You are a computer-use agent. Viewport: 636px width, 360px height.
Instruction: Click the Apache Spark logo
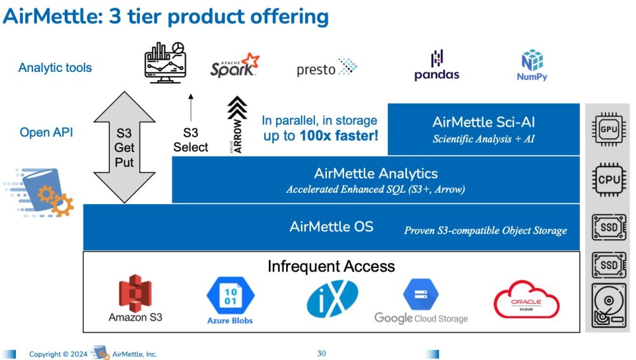pos(235,65)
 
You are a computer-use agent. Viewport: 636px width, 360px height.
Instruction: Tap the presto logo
pos(326,67)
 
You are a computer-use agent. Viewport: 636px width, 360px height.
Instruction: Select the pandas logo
pos(437,65)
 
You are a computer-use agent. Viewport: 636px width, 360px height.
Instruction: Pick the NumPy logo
pos(532,65)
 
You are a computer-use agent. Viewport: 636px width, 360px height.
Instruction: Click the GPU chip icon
pos(609,130)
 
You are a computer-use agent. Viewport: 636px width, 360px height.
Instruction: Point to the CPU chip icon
pos(609,179)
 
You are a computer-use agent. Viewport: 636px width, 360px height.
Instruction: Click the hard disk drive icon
pos(609,305)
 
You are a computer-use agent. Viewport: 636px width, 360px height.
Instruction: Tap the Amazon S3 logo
pos(135,298)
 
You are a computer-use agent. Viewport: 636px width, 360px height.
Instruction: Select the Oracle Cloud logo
pos(526,300)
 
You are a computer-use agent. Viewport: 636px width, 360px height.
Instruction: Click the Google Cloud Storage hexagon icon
pos(421,294)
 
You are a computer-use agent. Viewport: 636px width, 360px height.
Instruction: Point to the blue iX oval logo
pos(332,299)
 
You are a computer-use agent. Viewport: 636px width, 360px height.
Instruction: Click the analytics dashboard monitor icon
pos(165,62)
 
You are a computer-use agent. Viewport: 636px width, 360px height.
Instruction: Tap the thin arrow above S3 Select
pos(191,107)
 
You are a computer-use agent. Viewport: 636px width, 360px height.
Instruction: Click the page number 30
pos(321,354)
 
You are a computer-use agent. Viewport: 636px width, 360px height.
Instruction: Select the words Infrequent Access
pos(331,267)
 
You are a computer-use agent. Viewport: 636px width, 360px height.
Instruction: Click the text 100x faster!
pos(339,135)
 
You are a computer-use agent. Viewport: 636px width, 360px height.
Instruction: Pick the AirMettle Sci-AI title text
pos(483,122)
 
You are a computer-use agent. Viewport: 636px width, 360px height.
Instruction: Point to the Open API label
pos(46,132)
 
